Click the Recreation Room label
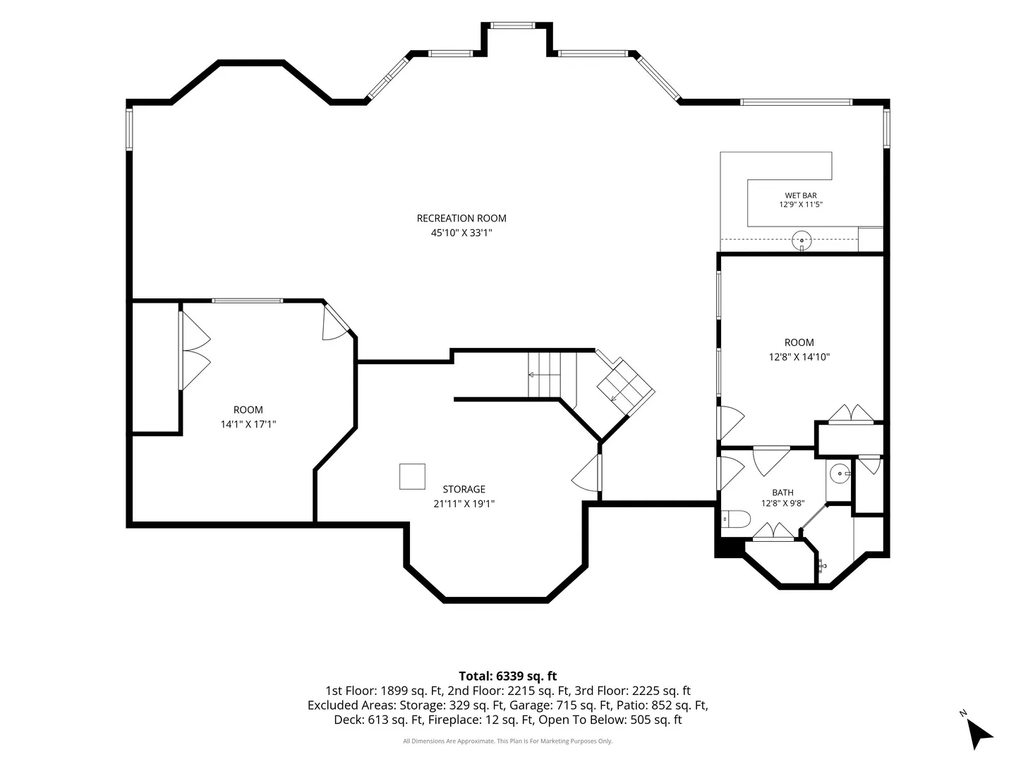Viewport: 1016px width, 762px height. coord(461,218)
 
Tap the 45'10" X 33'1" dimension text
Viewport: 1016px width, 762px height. coord(461,232)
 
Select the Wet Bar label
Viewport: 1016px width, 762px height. coord(800,195)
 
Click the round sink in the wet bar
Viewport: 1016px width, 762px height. coord(802,241)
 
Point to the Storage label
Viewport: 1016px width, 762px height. coord(464,489)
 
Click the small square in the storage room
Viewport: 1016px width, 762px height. coord(412,476)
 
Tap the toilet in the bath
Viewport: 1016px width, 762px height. coord(735,519)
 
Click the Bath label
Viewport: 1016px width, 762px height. coord(782,492)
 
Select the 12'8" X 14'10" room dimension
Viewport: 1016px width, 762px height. coord(799,357)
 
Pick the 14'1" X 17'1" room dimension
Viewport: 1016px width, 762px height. coord(248,424)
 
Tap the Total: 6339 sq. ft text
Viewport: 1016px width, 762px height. coord(507,676)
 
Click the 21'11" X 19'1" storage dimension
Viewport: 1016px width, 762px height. coord(464,503)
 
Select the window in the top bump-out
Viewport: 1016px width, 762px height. coord(513,25)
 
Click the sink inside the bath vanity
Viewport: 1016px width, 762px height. coord(840,473)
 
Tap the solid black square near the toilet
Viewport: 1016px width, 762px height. coord(729,548)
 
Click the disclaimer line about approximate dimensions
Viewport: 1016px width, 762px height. coord(507,741)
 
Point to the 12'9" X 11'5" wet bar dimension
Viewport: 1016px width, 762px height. coord(800,204)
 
